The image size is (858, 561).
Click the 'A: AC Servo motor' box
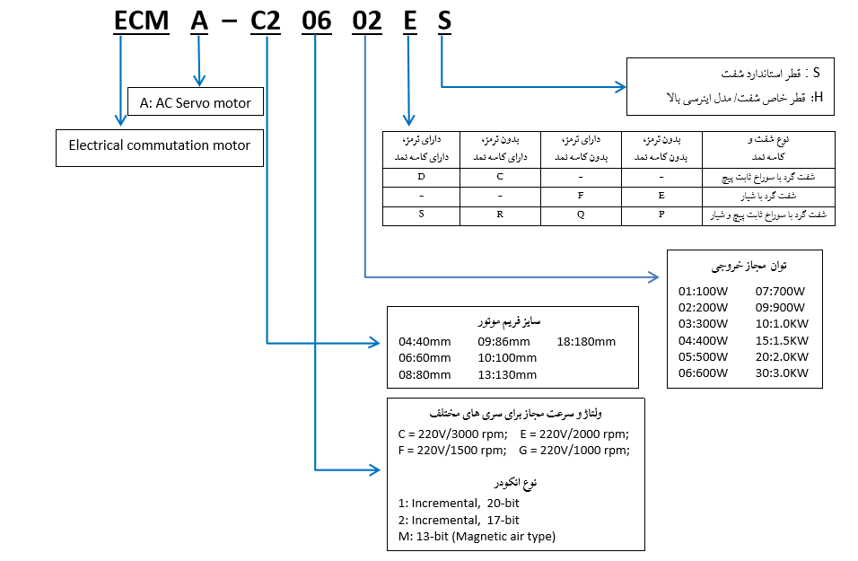(x=196, y=102)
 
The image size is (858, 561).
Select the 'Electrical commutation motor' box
(x=159, y=145)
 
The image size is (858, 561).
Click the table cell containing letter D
(x=421, y=176)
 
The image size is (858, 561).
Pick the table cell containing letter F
(x=581, y=195)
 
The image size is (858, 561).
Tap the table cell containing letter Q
(x=581, y=215)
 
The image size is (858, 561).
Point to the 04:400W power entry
(x=705, y=341)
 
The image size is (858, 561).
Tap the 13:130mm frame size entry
(x=507, y=374)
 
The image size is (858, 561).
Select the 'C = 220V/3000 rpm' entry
(x=452, y=434)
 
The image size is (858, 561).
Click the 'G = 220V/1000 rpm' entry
(x=573, y=450)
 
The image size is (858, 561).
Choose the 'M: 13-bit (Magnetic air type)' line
(x=477, y=537)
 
